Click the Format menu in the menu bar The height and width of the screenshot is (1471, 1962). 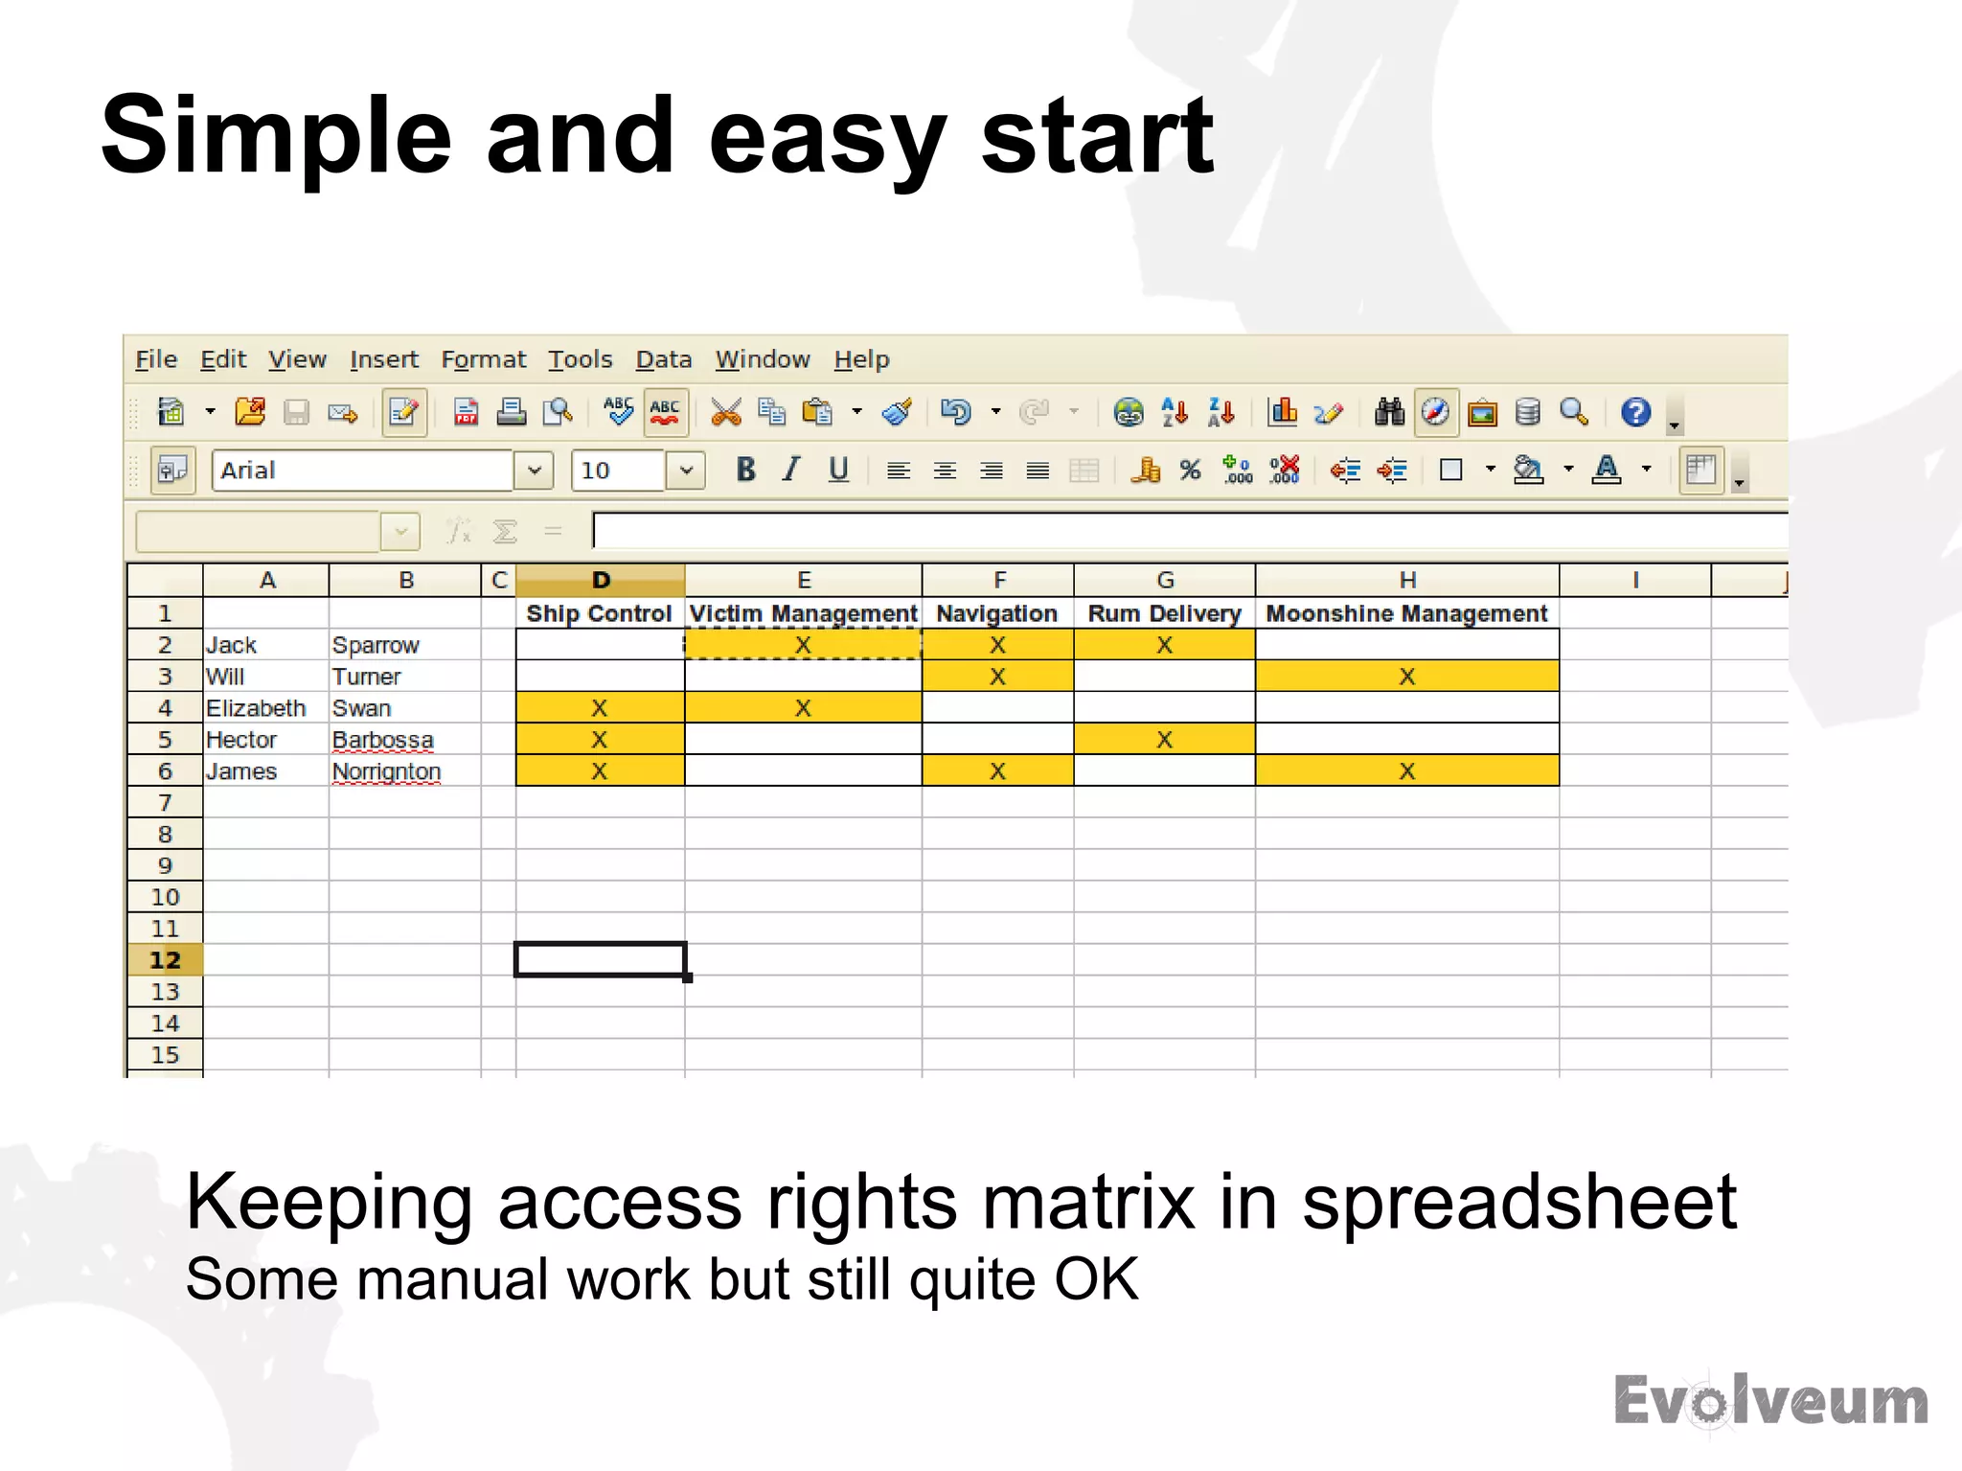483,359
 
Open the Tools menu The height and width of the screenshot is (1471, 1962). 580,359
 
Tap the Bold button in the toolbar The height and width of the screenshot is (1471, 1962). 745,470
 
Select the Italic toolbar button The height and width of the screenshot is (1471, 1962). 791,470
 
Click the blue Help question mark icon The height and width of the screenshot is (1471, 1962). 1635,412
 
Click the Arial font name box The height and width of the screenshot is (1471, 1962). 362,471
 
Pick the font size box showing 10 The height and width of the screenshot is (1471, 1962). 618,471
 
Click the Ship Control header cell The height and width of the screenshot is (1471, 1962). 599,613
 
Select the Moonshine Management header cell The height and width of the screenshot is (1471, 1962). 1406,613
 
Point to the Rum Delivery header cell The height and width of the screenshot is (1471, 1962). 1164,613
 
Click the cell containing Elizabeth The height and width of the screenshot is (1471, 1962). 256,708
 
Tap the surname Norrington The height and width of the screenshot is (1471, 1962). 386,771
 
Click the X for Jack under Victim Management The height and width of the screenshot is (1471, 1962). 803,645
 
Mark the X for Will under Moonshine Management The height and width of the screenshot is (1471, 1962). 1406,677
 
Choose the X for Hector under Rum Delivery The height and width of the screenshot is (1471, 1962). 1164,740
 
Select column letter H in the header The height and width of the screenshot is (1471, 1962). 1406,580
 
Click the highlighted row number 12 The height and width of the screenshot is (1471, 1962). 165,960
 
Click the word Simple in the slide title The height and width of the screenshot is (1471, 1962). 276,136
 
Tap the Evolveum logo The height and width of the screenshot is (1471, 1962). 1770,1401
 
